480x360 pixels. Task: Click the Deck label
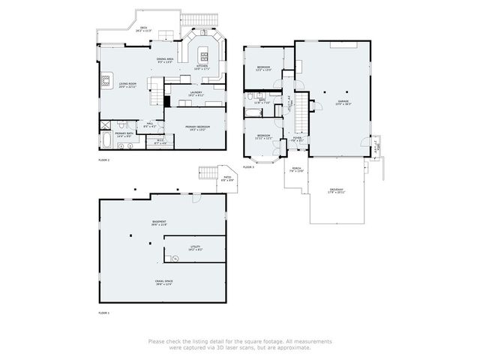point(144,29)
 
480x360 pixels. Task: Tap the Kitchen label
point(202,66)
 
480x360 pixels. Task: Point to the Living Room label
point(126,85)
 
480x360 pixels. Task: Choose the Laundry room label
point(196,94)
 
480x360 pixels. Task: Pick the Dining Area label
point(165,60)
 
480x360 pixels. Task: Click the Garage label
point(343,102)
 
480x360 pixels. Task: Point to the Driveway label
point(336,190)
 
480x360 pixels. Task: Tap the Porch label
point(297,169)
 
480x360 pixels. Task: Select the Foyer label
point(297,139)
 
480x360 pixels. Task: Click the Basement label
point(159,223)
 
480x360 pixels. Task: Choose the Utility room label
point(196,248)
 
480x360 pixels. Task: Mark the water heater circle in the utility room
point(175,258)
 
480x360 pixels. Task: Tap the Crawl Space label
point(163,283)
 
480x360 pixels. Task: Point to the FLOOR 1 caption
point(104,312)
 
